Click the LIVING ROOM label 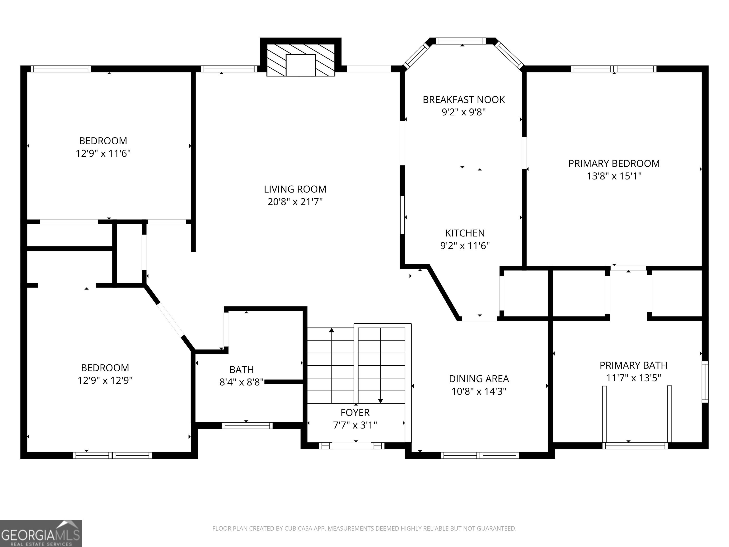[295, 189]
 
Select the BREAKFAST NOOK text [464, 99]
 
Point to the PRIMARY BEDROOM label [614, 164]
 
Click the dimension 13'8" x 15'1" [614, 176]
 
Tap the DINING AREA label [479, 379]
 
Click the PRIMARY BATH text [633, 365]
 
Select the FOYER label [355, 412]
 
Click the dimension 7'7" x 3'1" [355, 425]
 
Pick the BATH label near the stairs [242, 370]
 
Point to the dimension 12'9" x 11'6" [103, 153]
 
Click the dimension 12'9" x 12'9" [105, 381]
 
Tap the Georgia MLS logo [41, 533]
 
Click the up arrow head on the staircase [332, 330]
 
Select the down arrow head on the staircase [381, 401]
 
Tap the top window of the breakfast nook [461, 41]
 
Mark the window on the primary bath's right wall [705, 382]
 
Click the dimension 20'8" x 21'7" [295, 202]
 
